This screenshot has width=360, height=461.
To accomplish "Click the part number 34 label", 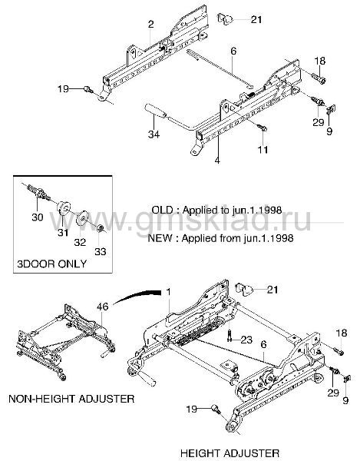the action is click(x=154, y=134).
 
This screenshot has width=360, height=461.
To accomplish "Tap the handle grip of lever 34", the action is click(x=155, y=111).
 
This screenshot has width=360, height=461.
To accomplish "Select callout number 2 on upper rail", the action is click(x=150, y=24).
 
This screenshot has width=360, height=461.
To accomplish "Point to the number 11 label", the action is click(x=263, y=150).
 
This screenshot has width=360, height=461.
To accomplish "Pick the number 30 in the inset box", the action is click(x=38, y=217).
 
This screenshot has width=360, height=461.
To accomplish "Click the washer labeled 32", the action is click(x=82, y=218).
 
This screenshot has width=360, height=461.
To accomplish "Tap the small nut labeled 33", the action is click(x=100, y=228).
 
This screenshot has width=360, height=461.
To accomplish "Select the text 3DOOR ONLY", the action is click(x=51, y=264).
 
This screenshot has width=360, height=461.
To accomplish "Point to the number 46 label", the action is click(x=103, y=307).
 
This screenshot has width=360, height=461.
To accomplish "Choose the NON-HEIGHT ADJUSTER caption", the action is click(x=71, y=399).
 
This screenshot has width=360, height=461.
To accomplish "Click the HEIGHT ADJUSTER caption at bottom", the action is click(x=230, y=453).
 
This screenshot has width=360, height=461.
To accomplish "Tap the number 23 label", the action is click(x=246, y=340).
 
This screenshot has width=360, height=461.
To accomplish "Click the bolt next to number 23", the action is click(x=230, y=336).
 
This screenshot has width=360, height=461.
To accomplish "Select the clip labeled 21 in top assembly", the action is click(x=225, y=18).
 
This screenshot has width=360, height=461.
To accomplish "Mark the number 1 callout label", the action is click(x=168, y=292).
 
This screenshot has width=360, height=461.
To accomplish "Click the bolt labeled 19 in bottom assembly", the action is click(x=216, y=409).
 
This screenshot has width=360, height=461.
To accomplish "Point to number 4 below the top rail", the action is click(x=217, y=161).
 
